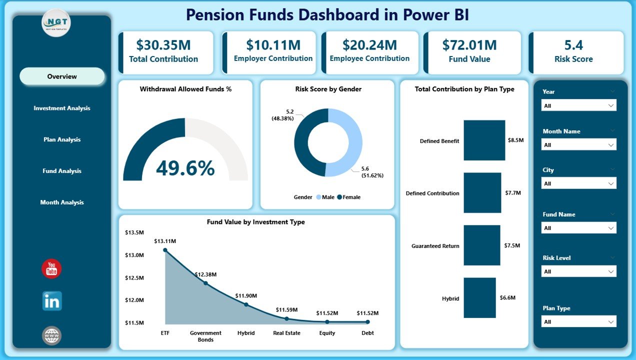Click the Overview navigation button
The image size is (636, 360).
tap(62, 76)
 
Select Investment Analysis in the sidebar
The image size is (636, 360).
tap(62, 108)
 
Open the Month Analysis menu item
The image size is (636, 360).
tap(62, 202)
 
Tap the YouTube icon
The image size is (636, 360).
tap(51, 269)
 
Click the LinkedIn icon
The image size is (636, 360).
tap(52, 301)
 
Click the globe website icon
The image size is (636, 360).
tap(52, 335)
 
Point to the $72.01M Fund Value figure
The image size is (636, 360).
tap(469, 45)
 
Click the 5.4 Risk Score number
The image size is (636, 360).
tap(573, 45)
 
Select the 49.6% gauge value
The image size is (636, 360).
tap(185, 169)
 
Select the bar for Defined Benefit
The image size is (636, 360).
tap(484, 140)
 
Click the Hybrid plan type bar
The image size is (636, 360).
tap(479, 298)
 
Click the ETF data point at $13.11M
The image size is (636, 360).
tap(165, 250)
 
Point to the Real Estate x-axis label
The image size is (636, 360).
tap(286, 333)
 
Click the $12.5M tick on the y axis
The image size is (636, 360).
tap(134, 277)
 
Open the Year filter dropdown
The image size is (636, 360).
tap(578, 105)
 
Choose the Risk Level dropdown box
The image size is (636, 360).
tap(578, 271)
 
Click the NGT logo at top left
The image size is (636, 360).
tap(56, 22)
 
